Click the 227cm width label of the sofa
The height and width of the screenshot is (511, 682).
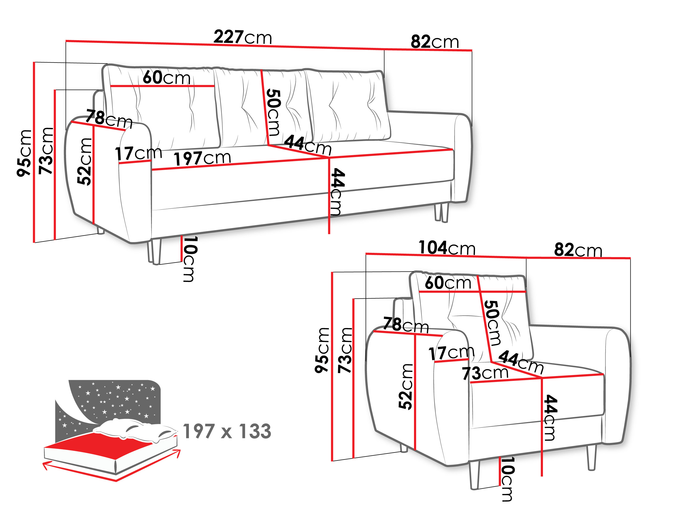[x=243, y=37]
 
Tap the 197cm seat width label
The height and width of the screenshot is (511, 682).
[x=202, y=158]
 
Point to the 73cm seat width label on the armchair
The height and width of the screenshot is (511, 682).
[x=485, y=373]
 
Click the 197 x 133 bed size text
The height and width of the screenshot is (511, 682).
[x=227, y=431]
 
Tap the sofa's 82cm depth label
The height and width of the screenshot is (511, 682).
[x=435, y=42]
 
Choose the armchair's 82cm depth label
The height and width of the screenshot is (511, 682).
[x=578, y=250]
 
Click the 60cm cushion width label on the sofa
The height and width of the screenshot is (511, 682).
[x=166, y=77]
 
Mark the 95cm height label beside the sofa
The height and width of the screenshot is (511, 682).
[x=24, y=153]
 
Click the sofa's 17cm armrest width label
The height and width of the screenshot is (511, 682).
[x=139, y=153]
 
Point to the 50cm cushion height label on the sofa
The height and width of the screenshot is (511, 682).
[x=274, y=112]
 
